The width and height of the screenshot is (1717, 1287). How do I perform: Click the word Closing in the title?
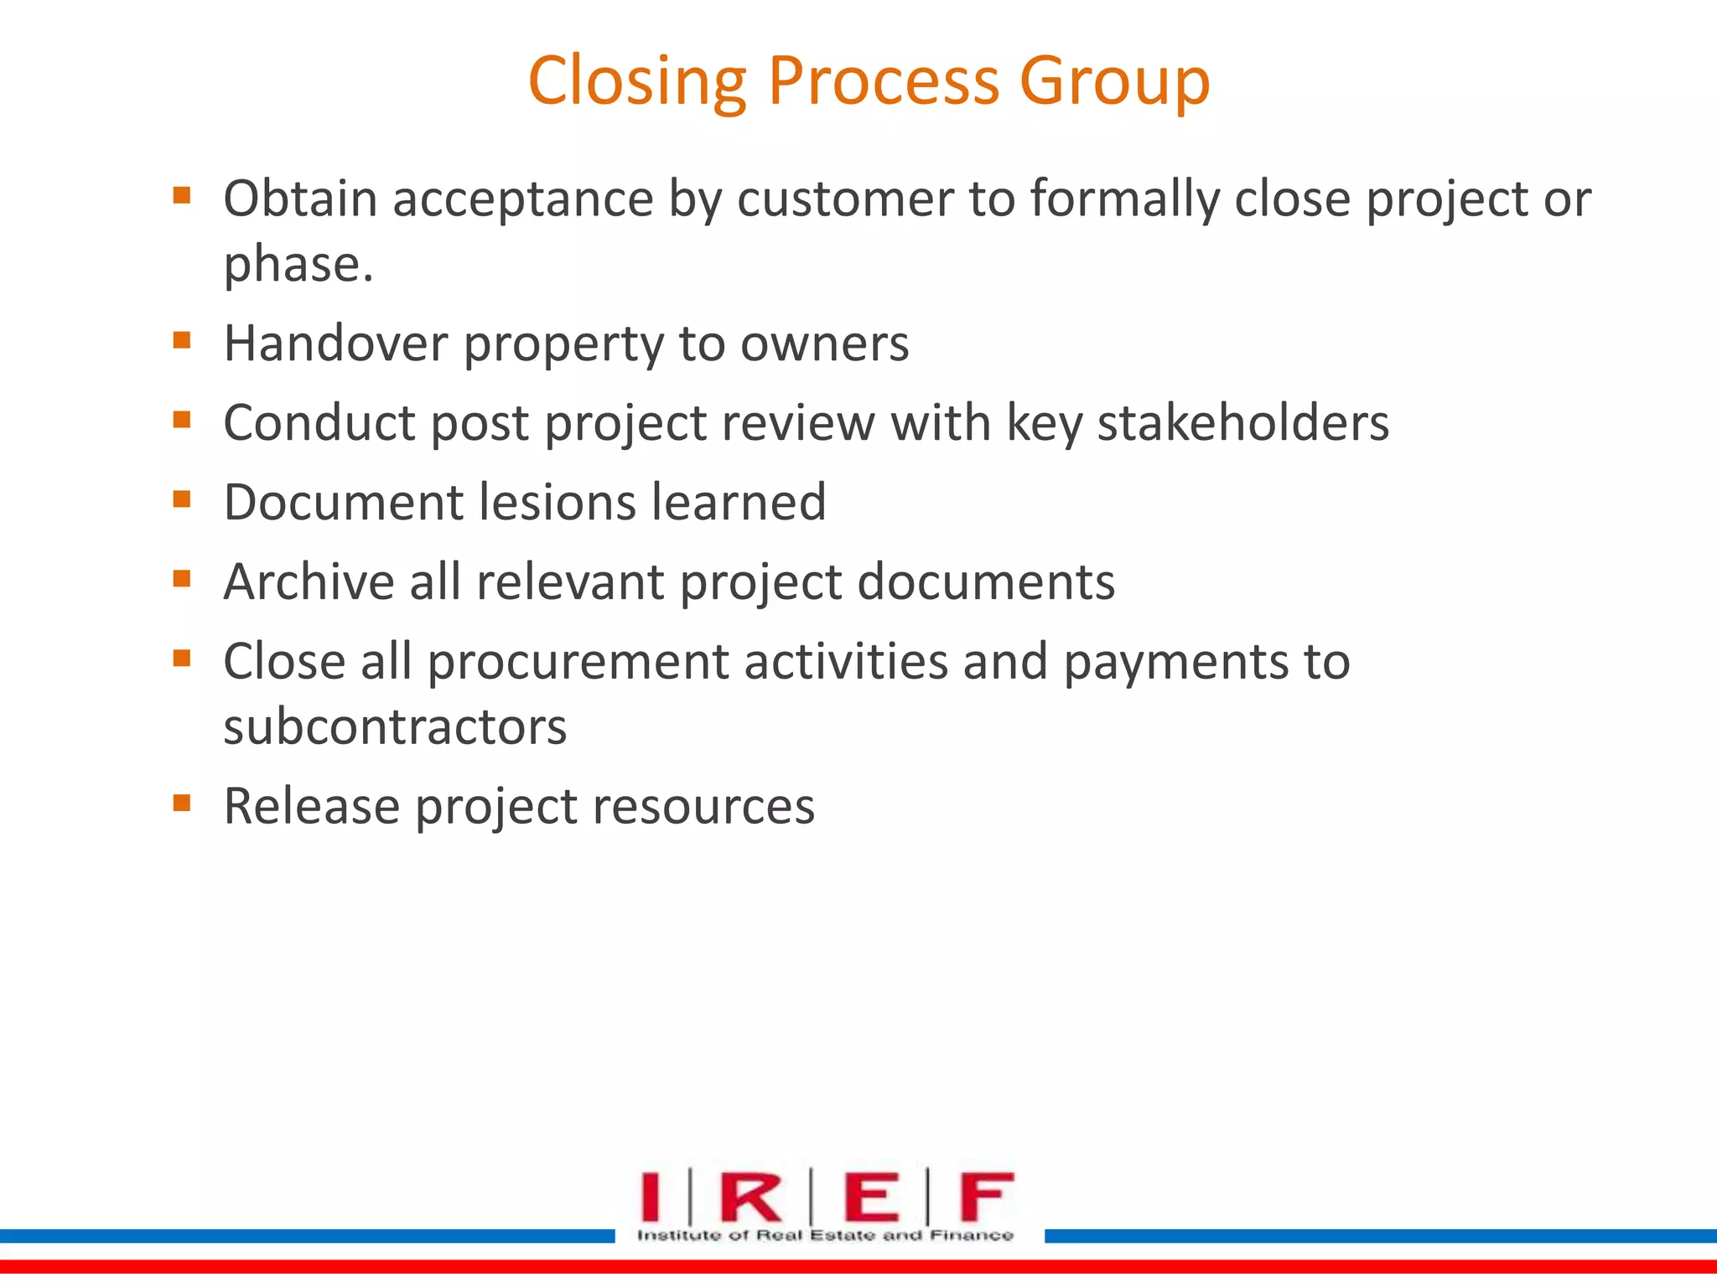636,81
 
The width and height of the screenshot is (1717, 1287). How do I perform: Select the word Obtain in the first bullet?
300,199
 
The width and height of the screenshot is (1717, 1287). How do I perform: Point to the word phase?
298,265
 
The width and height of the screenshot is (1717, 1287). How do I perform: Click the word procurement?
578,662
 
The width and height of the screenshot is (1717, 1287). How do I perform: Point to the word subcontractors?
395,726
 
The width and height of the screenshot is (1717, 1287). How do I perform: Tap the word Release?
311,806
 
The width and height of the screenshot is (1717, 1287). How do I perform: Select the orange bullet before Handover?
182,340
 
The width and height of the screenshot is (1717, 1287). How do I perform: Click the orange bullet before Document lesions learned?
182,499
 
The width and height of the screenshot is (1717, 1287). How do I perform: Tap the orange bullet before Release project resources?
182,804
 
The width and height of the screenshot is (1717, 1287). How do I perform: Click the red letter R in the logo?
750,1197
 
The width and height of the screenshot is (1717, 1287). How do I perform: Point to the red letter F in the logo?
987,1197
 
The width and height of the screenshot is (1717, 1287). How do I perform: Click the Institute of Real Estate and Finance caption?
825,1235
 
